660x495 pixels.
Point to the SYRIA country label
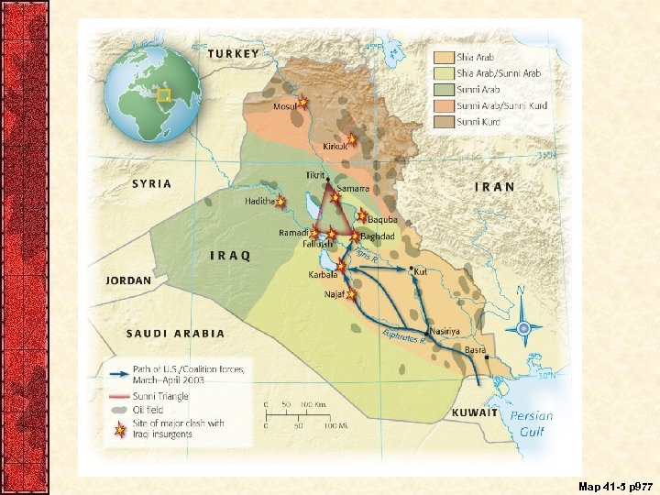(152, 183)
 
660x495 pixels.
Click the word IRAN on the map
(494, 186)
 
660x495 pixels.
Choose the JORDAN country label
(128, 280)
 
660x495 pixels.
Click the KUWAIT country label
(475, 413)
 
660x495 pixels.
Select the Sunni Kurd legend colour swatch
(444, 121)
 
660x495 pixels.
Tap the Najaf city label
(334, 295)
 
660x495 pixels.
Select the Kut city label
(421, 271)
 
